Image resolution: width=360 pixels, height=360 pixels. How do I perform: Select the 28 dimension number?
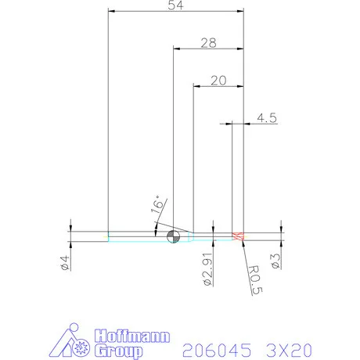pos(208,44)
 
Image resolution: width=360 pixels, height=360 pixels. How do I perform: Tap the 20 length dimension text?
pos(218,81)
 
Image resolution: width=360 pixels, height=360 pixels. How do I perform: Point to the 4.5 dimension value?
pos(266,119)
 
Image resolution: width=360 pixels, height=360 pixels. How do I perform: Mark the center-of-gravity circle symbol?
pos(173,236)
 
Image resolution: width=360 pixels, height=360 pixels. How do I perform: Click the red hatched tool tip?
pos(239,236)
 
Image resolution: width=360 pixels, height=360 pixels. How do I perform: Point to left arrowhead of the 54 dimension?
pos(110,12)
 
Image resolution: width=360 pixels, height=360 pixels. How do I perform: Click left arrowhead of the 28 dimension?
pos(175,49)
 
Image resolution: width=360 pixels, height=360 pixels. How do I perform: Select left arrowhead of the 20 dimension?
pos(195,85)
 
